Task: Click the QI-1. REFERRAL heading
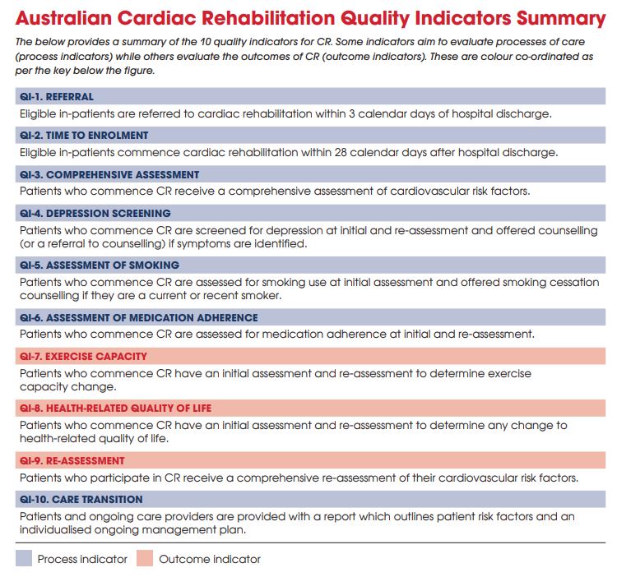pyautogui.click(x=57, y=96)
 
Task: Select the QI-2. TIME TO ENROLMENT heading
pyautogui.click(x=84, y=135)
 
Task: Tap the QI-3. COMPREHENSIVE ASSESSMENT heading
pyautogui.click(x=109, y=174)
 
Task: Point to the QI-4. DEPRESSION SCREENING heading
pyautogui.click(x=95, y=213)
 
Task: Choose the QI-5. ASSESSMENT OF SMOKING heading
pyautogui.click(x=100, y=265)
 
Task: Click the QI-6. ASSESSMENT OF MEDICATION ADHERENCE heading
pyautogui.click(x=138, y=317)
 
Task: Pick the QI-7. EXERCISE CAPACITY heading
pyautogui.click(x=83, y=357)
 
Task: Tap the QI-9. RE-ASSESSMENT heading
pyautogui.click(x=72, y=460)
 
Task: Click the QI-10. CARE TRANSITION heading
pyautogui.click(x=81, y=499)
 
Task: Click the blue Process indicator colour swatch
pyautogui.click(x=25, y=559)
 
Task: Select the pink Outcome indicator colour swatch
pyautogui.click(x=143, y=559)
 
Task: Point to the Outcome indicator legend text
pyautogui.click(x=210, y=559)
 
